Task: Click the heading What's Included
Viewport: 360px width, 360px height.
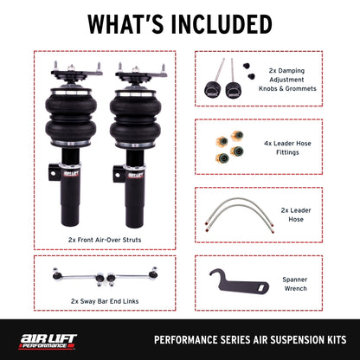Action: (x=180, y=22)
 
